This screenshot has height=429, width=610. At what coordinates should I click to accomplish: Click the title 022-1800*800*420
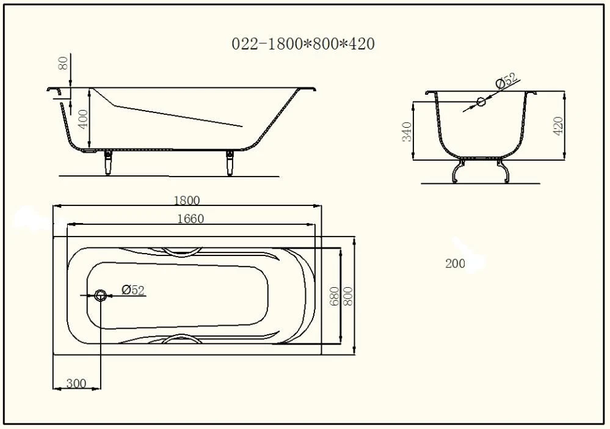[x=303, y=43]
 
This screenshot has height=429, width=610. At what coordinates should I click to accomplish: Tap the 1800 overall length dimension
[x=186, y=200]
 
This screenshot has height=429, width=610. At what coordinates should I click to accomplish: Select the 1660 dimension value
[x=191, y=219]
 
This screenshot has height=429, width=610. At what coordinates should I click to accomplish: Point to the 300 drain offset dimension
[x=76, y=383]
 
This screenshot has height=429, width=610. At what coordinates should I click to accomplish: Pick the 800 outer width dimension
[x=347, y=296]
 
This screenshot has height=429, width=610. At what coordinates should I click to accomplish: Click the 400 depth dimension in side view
[x=83, y=119]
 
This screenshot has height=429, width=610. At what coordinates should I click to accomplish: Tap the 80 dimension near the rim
[x=63, y=63]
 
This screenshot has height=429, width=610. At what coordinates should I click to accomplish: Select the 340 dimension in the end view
[x=407, y=131]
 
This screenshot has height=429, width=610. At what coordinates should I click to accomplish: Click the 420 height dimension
[x=557, y=126]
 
